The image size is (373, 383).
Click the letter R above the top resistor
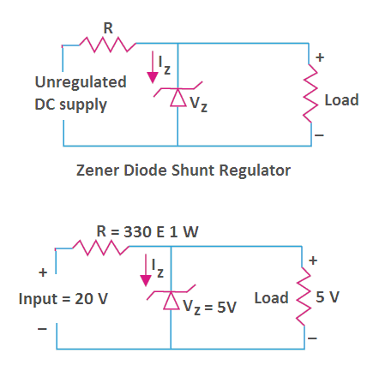[108, 28]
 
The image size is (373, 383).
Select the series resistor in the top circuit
[107, 45]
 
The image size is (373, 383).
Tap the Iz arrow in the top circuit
[153, 67]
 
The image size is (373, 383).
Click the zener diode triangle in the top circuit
[177, 98]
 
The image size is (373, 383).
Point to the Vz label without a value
[198, 104]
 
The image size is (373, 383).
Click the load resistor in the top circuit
[310, 93]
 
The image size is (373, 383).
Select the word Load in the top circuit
[341, 100]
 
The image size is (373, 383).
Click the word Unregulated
[81, 82]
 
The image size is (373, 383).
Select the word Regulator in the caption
[255, 171]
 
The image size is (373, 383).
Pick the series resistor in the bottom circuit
[100, 248]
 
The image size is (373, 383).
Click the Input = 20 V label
[63, 299]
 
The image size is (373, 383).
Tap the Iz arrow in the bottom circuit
[146, 270]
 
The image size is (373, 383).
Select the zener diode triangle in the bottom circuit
[171, 300]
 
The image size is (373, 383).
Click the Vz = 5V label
[210, 307]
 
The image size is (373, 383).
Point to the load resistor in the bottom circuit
[304, 296]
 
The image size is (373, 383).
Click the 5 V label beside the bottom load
[328, 297]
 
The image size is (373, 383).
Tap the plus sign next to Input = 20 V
[43, 272]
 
